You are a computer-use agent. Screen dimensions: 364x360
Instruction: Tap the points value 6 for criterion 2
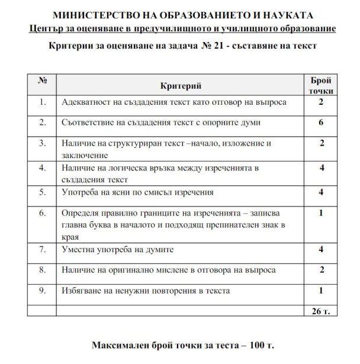321,123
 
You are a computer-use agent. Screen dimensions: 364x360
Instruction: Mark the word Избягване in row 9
82,291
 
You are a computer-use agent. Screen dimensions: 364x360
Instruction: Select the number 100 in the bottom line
253,344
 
